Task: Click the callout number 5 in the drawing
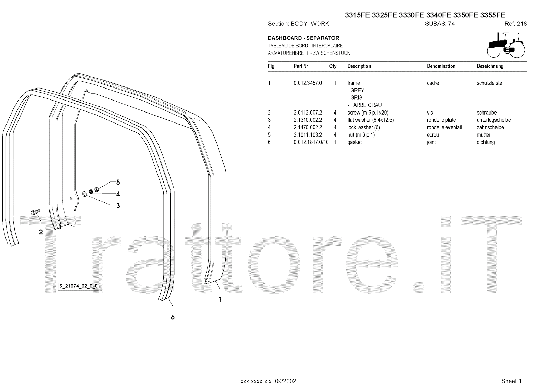(118, 182)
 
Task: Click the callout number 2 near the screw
(41, 232)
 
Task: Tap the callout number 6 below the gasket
(173, 317)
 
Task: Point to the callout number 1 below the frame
(220, 300)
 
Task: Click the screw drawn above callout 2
(35, 212)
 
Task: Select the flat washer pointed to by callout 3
(85, 195)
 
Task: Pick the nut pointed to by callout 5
(97, 189)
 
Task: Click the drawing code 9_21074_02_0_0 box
(79, 286)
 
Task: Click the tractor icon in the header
(506, 45)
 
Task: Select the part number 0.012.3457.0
(307, 83)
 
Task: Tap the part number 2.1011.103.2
(307, 135)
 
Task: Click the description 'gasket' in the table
(354, 142)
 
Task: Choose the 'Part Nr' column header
(301, 66)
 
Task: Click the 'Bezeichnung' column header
(490, 66)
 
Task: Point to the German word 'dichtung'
(486, 142)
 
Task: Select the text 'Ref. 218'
(515, 24)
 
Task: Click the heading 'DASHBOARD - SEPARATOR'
(303, 38)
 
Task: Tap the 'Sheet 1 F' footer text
(514, 381)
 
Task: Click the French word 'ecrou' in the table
(433, 135)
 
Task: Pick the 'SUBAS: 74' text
(440, 24)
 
